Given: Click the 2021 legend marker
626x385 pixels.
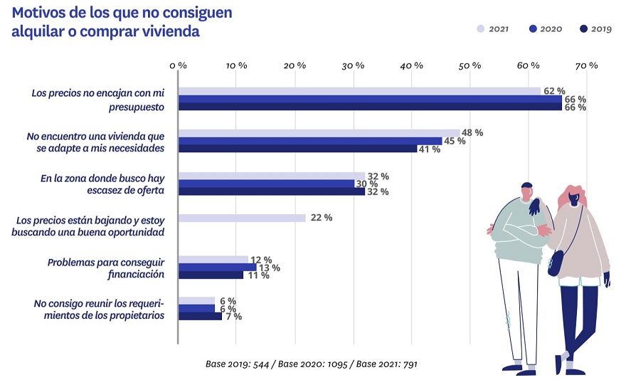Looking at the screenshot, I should coord(481,29).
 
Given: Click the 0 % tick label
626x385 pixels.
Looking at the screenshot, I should coord(178,65).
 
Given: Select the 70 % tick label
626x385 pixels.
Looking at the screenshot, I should coord(587,65).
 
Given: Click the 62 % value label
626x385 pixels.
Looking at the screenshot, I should coord(554,91).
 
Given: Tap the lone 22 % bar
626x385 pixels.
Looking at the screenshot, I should coord(242,218).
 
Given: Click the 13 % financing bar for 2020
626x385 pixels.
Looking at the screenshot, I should coord(217,268).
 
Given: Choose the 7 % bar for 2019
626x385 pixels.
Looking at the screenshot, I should coord(200,316).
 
